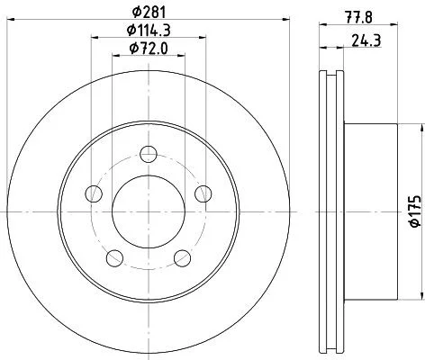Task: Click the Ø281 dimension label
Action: pos(149,12)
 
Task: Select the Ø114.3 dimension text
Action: pos(149,30)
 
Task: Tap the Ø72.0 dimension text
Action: pos(149,49)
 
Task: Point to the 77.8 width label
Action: pos(359,17)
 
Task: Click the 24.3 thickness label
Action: pos(366,40)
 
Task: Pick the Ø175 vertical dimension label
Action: pos(415,211)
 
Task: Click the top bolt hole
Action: pos(149,154)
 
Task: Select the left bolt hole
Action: pos(94,193)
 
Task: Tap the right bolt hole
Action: pos(203,193)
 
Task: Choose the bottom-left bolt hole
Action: pos(115,258)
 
